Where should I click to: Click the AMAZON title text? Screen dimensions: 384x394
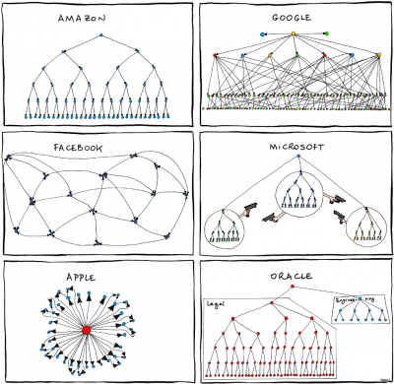98,17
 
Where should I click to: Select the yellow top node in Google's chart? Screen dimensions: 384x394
294,33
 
